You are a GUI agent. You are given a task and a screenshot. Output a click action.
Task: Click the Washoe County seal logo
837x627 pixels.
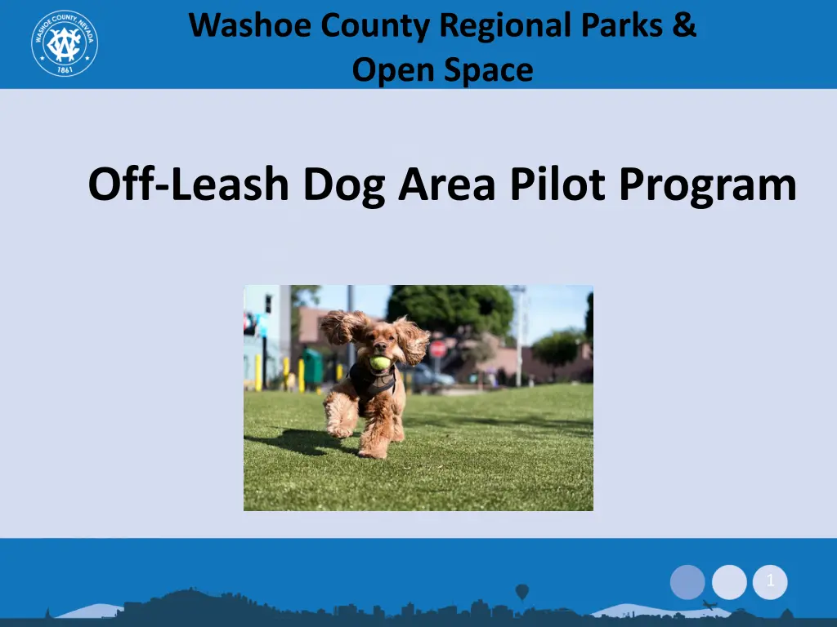coord(65,43)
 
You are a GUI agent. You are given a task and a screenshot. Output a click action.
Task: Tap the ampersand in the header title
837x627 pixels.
coord(684,25)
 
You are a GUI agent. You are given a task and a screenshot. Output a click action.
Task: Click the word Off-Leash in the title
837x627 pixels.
coord(189,184)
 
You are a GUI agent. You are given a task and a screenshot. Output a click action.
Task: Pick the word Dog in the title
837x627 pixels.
coord(344,185)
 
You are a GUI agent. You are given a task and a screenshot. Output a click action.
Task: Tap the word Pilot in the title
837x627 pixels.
coord(557,184)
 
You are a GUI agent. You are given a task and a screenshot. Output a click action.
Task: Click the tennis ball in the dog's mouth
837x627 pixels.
coord(380,363)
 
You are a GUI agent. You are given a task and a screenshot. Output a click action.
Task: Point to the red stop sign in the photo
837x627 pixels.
coord(438,349)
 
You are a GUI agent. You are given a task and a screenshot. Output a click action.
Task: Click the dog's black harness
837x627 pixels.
coord(372,380)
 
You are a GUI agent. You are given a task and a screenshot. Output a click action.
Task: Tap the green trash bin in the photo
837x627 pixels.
coord(313,366)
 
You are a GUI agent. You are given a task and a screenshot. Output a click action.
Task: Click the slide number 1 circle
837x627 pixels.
coord(770,581)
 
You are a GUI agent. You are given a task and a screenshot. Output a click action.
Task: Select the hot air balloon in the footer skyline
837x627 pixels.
coord(522,592)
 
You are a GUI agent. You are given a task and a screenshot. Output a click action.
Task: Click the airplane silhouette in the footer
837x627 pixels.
coord(709,605)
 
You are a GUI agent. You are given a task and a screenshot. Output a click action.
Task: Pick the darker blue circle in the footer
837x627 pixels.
coord(687,582)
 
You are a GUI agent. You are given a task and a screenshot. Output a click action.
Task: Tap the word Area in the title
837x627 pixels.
coord(447,184)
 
